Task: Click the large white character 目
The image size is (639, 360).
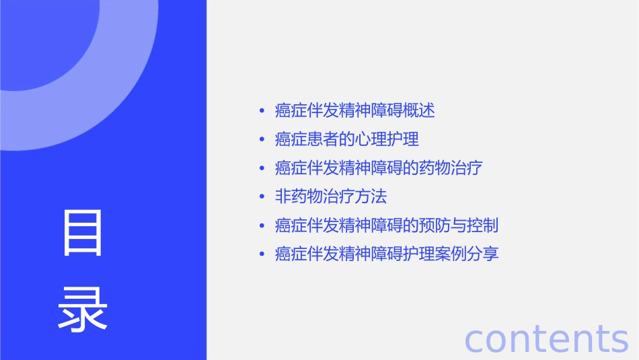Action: click(83, 233)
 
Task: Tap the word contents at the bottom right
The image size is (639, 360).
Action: click(546, 338)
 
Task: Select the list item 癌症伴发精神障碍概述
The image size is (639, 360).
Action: click(355, 110)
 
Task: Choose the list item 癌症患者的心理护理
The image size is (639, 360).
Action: click(347, 139)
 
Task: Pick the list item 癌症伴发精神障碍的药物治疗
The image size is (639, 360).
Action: click(379, 168)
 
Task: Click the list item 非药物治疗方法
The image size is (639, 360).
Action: click(331, 196)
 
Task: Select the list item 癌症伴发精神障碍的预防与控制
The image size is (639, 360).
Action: click(387, 225)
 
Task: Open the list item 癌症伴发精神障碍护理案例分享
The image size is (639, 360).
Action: click(387, 254)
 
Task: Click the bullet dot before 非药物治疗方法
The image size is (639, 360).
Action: click(262, 197)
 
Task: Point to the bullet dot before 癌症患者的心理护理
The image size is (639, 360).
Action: click(262, 140)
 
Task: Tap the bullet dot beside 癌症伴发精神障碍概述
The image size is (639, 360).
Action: click(262, 111)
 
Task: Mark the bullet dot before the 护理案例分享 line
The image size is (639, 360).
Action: click(262, 255)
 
